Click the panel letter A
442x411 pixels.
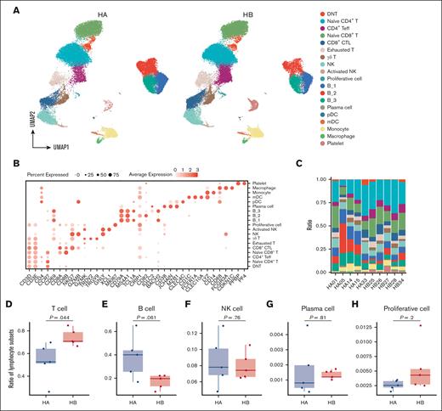coord(7,8)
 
